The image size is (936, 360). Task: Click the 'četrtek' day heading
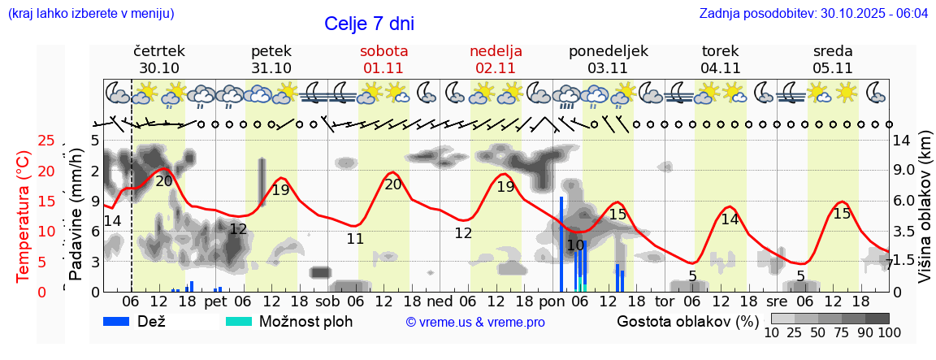159,50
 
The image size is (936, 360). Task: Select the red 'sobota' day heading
383,50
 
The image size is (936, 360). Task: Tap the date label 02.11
496,68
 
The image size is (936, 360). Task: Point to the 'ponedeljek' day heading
609,50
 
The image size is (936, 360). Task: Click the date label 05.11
833,68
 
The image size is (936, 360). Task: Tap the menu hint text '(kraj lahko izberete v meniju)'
90,14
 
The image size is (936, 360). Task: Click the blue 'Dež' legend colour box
122,321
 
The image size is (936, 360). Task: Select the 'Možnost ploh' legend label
305,321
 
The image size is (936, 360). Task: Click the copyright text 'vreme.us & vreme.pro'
475,322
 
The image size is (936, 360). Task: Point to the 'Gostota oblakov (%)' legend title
685,321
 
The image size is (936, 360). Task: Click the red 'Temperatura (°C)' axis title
24,215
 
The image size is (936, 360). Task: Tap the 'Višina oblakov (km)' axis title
925,216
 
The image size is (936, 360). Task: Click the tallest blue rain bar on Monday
561,244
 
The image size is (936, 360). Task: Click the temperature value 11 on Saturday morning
355,239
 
